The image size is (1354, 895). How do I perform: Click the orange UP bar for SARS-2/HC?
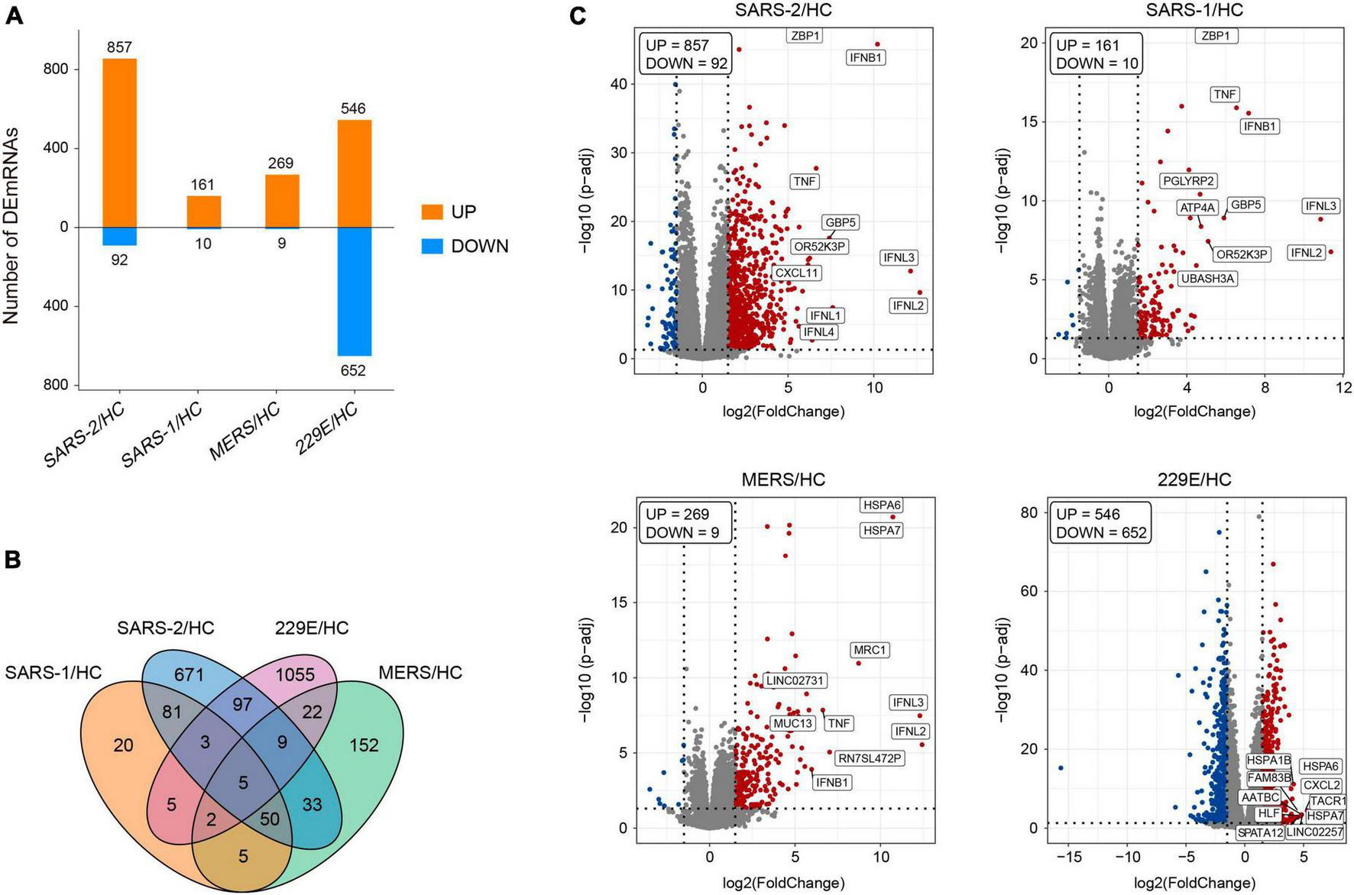[x=119, y=143]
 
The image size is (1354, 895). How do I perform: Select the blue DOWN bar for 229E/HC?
[x=354, y=291]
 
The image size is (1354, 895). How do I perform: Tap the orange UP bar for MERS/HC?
[x=281, y=201]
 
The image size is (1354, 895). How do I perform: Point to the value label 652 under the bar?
[x=353, y=370]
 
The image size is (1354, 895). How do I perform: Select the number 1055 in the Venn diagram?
[x=295, y=674]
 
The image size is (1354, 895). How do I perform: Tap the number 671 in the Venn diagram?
[x=189, y=674]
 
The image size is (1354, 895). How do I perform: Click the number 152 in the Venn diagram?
[x=364, y=745]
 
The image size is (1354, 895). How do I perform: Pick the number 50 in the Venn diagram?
[x=269, y=819]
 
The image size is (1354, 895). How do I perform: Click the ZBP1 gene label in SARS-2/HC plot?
[x=804, y=36]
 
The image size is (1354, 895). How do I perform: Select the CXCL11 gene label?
[x=796, y=273]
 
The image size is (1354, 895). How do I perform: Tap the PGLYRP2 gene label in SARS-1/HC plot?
[x=1187, y=181]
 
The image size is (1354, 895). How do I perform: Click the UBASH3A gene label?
[x=1207, y=279]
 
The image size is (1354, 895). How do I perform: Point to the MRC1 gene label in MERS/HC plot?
[x=870, y=650]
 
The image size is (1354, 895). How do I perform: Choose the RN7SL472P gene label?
[x=870, y=758]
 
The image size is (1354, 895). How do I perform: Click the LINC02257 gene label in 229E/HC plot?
[x=1314, y=832]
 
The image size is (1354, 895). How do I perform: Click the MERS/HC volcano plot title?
[x=783, y=480]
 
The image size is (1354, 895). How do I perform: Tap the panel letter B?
[x=13, y=560]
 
